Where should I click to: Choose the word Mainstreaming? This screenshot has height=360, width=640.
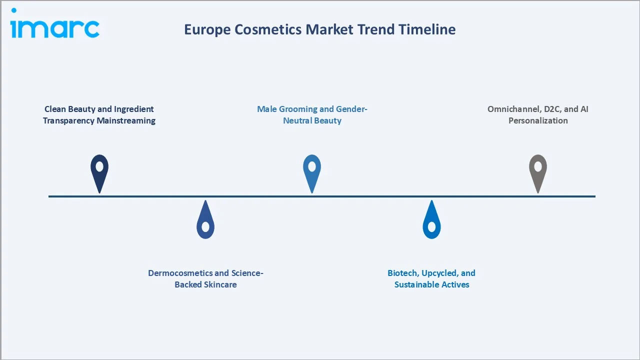point(128,120)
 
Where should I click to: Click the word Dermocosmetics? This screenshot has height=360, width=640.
point(180,273)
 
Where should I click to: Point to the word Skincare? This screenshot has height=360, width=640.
point(220,284)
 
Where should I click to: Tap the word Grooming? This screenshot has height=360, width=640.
point(301,109)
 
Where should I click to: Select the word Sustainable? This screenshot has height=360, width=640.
point(417,284)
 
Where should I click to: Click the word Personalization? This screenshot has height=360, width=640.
point(538,120)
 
